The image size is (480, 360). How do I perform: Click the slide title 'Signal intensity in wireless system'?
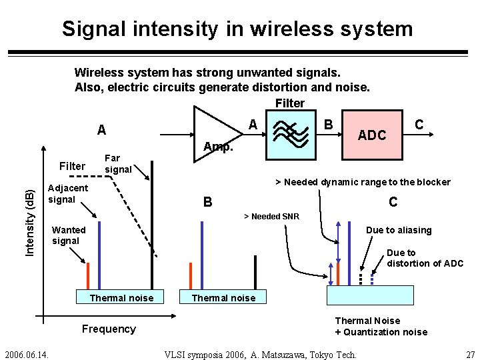click(237, 29)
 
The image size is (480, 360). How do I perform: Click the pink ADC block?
click(371, 135)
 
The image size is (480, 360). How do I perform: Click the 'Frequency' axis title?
click(109, 329)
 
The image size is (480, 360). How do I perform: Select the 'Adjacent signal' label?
click(67, 193)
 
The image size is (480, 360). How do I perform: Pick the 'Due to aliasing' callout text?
click(399, 230)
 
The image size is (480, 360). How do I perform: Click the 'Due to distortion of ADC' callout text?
click(425, 258)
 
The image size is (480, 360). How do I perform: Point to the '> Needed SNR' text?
click(271, 217)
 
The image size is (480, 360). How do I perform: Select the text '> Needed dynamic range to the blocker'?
click(363, 182)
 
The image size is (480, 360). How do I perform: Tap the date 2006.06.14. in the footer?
click(31, 353)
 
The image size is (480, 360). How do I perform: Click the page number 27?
click(470, 353)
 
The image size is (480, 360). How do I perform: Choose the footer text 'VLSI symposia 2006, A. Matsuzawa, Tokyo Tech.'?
click(261, 354)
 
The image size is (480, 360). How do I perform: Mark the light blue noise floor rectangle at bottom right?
click(369, 295)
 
